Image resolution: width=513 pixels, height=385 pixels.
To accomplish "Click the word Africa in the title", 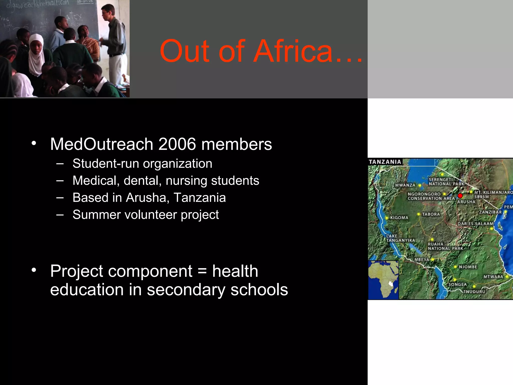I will [293, 51].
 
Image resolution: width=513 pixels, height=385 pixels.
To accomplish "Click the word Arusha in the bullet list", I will [146, 198].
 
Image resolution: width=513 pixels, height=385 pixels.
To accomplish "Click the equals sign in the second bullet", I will [202, 271].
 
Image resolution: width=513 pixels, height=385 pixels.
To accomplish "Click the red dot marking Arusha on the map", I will [460, 196].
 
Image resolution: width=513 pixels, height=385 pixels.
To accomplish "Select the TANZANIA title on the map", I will [385, 162].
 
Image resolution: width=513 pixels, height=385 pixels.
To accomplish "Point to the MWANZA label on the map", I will [405, 185].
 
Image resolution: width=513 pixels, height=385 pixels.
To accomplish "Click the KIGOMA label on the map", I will [399, 218].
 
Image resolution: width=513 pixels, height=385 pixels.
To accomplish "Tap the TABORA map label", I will [431, 214].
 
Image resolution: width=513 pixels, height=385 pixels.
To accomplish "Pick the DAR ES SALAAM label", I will [475, 224].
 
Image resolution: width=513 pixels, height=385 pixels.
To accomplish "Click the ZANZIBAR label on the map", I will [490, 212].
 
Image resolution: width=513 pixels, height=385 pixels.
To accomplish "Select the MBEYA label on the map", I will [422, 259].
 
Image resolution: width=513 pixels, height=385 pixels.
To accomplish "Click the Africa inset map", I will [383, 280].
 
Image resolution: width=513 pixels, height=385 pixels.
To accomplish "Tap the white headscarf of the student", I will [36, 55].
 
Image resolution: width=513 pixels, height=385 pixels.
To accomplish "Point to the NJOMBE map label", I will [468, 267].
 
